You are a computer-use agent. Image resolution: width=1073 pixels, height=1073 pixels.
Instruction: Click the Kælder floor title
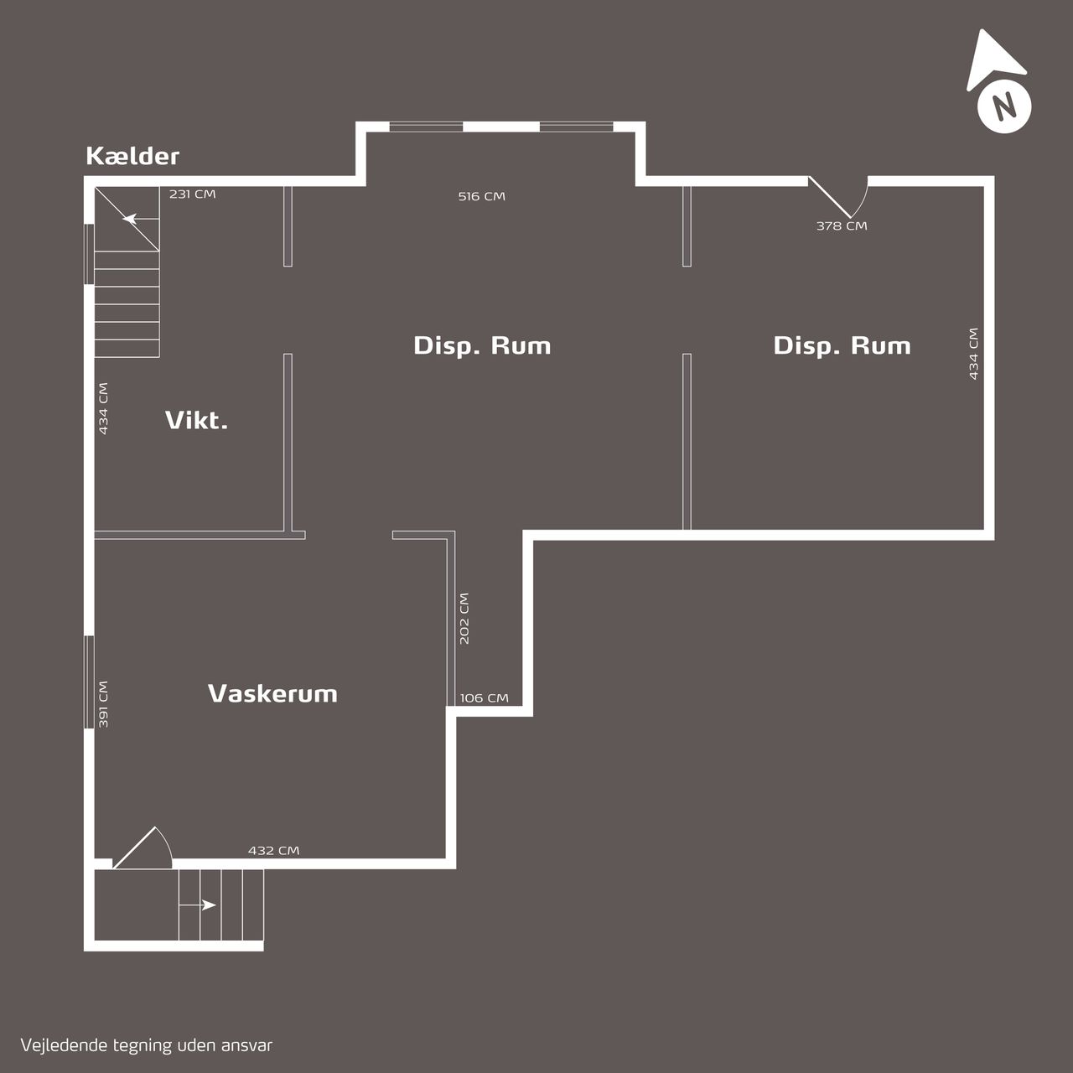click(x=132, y=157)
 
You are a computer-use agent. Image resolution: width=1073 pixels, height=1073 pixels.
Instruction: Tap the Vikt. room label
click(x=196, y=421)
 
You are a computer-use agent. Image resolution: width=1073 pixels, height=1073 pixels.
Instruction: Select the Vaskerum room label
click(x=272, y=693)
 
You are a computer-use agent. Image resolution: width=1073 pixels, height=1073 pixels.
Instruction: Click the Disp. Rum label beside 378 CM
click(x=842, y=345)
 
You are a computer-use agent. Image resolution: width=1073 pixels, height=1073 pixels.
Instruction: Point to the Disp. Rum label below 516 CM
click(x=482, y=345)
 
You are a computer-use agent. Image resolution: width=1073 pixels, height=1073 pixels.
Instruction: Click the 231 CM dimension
click(x=192, y=194)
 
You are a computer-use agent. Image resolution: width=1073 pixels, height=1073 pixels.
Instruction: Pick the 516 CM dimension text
click(x=482, y=196)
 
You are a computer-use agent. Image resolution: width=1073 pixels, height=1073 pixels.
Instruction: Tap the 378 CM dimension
click(x=842, y=226)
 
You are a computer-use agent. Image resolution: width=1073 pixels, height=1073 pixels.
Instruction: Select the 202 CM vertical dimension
click(x=464, y=619)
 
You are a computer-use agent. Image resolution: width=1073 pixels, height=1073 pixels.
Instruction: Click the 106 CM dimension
click(x=485, y=698)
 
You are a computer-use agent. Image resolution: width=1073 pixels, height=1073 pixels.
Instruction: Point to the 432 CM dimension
click(x=273, y=851)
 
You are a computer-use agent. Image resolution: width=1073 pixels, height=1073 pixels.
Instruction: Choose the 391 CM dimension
click(x=103, y=704)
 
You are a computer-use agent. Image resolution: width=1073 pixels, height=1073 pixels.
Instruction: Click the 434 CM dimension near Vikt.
click(x=103, y=408)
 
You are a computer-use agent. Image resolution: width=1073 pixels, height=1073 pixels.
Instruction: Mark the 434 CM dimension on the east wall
click(x=973, y=354)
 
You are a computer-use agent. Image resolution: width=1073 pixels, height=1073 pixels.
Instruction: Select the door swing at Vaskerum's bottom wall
click(x=143, y=848)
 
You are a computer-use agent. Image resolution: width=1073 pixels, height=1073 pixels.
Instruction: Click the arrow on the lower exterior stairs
click(x=198, y=905)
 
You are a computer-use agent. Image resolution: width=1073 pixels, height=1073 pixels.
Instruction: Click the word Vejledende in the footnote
click(x=64, y=1045)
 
